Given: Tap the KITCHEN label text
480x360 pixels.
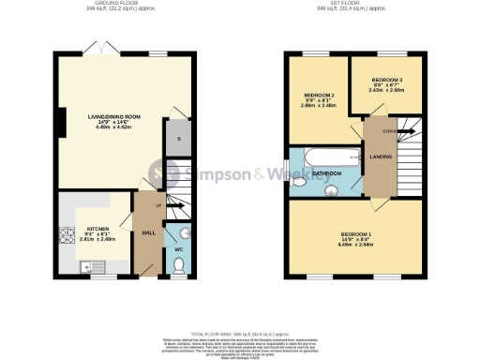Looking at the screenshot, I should coord(98,228).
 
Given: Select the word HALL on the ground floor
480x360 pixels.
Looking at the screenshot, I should coord(147,232).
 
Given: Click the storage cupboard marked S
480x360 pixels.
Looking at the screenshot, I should coord(178,138).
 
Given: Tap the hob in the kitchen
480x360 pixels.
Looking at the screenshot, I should coord(67,237).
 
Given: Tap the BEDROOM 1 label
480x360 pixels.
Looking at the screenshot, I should coord(355,232).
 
